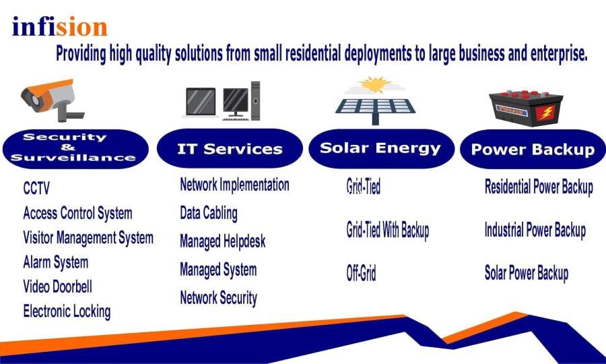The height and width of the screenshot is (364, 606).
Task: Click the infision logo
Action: pos(59,26)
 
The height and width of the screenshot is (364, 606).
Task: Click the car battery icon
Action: pos(526,109)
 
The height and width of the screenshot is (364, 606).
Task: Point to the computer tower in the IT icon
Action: pos(255,100)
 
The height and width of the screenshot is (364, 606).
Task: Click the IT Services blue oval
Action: pos(230,149)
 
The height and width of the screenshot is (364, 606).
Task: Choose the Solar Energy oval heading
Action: pos(381,148)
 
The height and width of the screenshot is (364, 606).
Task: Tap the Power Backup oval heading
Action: pos(533,150)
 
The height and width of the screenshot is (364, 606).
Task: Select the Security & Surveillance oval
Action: pos(75,148)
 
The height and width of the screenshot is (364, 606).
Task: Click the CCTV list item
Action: pos(36,188)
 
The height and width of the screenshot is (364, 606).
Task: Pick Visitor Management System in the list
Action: pos(88,237)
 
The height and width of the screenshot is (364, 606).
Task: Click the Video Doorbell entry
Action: pos(58,286)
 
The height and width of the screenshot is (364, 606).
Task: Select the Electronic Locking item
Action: pos(67,311)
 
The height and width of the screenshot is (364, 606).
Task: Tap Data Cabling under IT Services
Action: pos(209,213)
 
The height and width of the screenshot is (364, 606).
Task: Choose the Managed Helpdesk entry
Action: pos(223,241)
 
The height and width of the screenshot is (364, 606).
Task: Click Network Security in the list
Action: pos(218,298)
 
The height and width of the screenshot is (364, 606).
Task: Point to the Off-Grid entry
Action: pos(361,274)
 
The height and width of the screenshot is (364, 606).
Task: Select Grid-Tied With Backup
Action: pos(388,230)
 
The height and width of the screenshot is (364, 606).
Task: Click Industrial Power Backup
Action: pos(535,230)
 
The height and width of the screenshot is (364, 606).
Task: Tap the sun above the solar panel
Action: pos(374,85)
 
